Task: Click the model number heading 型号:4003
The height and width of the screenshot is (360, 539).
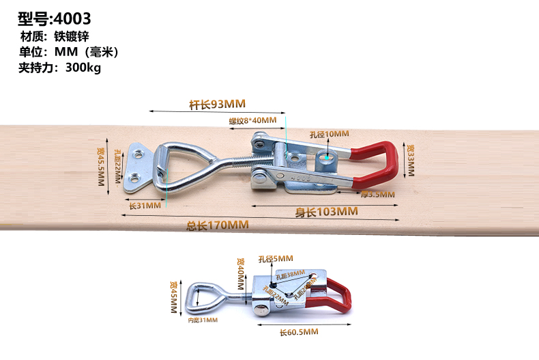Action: (54, 18)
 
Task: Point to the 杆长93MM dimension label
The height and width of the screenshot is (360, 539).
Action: (217, 104)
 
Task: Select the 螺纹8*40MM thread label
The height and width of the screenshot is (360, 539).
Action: (252, 121)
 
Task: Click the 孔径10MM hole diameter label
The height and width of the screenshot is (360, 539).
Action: (330, 134)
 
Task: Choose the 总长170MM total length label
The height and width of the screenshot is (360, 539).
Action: (218, 225)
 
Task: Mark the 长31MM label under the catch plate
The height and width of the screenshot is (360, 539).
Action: (145, 205)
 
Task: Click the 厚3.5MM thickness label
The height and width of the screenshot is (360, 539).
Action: (377, 195)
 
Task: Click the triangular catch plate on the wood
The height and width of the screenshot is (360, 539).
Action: (139, 168)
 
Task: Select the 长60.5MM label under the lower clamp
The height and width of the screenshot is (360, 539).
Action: (299, 332)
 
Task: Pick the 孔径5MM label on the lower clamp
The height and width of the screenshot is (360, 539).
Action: (276, 259)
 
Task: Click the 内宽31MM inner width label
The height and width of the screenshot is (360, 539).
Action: (203, 320)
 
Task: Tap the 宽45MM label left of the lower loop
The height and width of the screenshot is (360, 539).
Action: (173, 296)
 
